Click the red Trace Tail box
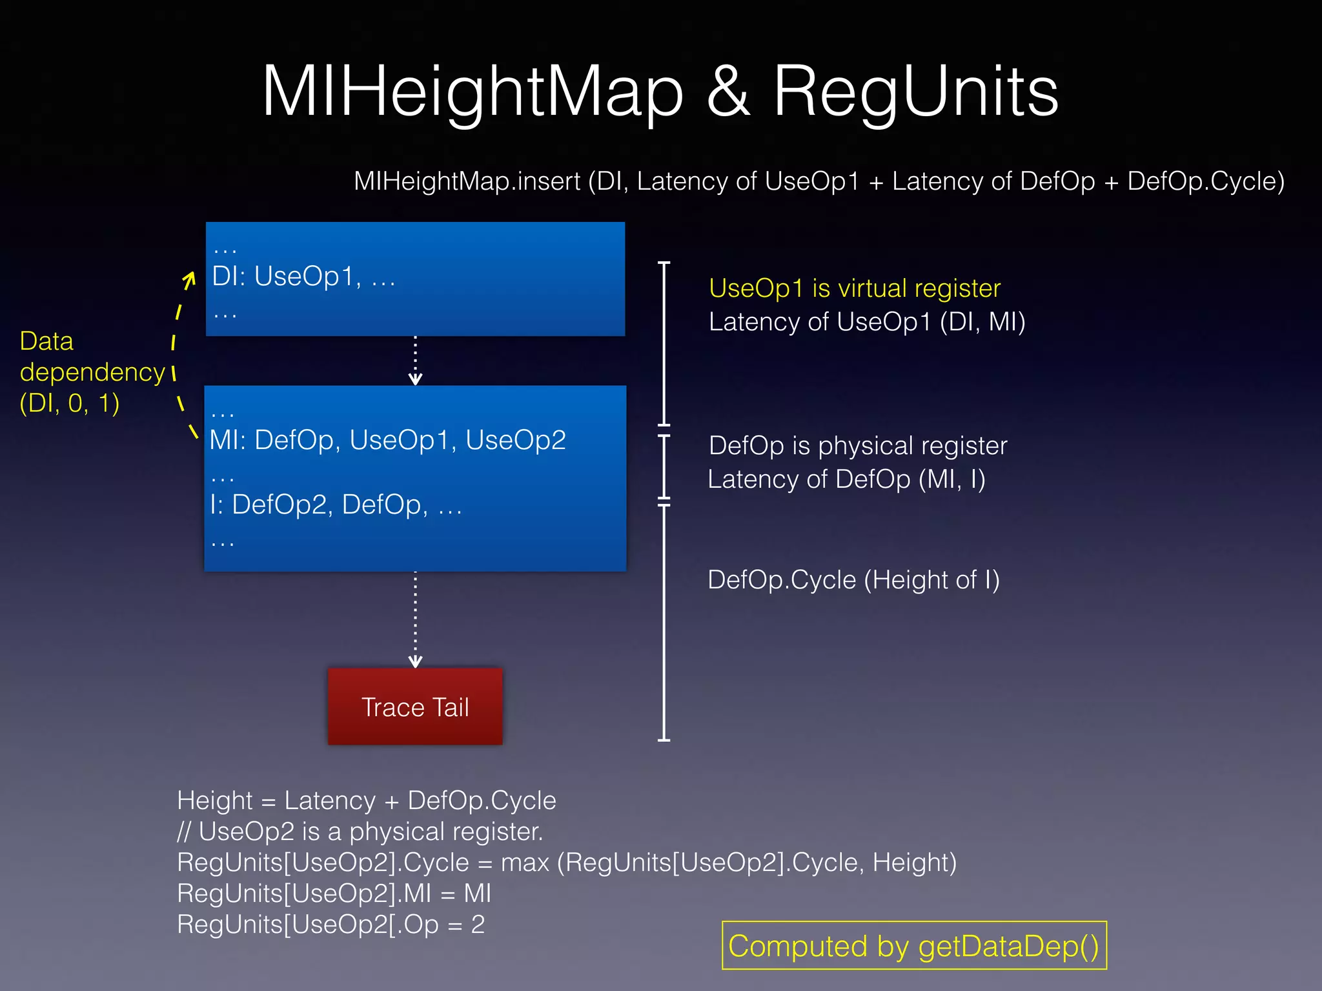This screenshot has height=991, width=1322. pyautogui.click(x=415, y=706)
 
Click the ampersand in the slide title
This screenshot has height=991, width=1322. pyautogui.click(x=728, y=92)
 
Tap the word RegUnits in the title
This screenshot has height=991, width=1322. pyautogui.click(x=915, y=92)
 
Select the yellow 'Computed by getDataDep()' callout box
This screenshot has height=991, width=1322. pyautogui.click(x=914, y=946)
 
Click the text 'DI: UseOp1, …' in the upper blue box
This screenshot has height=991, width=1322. pyautogui.click(x=303, y=277)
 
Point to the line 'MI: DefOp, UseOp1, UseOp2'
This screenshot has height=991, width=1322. pyautogui.click(x=387, y=440)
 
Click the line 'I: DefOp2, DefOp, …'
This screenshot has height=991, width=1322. pyautogui.click(x=336, y=505)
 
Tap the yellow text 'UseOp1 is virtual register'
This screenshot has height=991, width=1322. pyautogui.click(x=854, y=288)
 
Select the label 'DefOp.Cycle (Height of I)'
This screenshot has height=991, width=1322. pyautogui.click(x=853, y=580)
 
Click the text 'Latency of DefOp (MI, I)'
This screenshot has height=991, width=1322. pyautogui.click(x=846, y=479)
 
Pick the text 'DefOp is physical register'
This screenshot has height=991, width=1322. pyautogui.click(x=857, y=446)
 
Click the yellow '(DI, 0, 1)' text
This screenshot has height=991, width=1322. pyautogui.click(x=70, y=403)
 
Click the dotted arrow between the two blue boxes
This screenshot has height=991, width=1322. pyautogui.click(x=415, y=360)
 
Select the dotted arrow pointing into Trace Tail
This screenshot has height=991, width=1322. pyautogui.click(x=415, y=619)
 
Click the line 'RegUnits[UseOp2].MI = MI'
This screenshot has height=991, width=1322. pyautogui.click(x=334, y=894)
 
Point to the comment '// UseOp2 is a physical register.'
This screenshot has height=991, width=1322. pyautogui.click(x=360, y=832)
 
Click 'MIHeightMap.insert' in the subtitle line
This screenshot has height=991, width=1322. pyautogui.click(x=467, y=181)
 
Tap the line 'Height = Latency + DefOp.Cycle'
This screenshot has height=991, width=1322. pyautogui.click(x=366, y=801)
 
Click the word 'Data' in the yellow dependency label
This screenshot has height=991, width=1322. pyautogui.click(x=46, y=341)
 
